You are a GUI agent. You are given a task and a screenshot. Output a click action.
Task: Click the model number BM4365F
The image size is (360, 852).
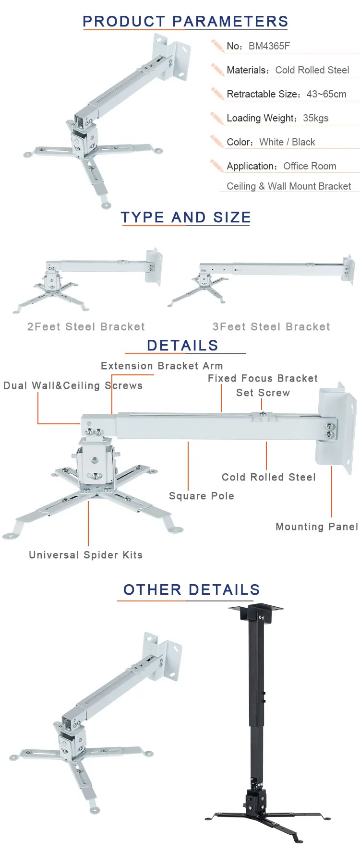tap(269, 46)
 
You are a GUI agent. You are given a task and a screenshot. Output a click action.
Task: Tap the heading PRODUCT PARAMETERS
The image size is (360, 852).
tap(185, 22)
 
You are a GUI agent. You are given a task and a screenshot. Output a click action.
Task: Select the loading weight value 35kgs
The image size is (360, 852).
tap(315, 118)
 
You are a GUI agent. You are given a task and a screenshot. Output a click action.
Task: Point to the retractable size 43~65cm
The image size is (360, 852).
tap(326, 94)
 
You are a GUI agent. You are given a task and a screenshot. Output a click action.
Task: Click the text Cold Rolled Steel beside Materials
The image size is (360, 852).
tap(312, 70)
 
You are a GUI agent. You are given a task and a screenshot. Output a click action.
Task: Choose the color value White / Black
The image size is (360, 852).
tap(287, 142)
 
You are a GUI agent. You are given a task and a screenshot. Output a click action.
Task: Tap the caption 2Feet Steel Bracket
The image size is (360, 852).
tap(86, 327)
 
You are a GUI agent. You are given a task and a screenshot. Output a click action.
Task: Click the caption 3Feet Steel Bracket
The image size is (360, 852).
tap(271, 327)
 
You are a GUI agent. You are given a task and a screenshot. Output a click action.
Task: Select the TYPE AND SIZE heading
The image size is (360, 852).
tap(186, 217)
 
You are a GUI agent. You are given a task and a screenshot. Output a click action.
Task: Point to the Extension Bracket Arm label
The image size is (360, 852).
tap(162, 366)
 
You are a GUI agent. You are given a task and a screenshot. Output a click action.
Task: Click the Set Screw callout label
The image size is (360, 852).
tap(263, 393)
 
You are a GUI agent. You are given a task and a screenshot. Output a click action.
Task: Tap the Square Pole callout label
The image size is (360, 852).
tap(202, 496)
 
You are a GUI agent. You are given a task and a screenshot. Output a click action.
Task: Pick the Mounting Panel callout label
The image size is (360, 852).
tap(317, 527)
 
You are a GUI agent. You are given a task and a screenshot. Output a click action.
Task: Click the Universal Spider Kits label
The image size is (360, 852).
tap(86, 555)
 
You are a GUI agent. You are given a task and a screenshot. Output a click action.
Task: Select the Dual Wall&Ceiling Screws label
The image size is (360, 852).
tap(73, 385)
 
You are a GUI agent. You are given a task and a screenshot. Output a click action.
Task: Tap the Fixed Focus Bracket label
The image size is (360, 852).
tap(263, 378)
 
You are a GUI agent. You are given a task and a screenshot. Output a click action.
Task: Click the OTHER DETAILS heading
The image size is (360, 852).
tap(192, 590)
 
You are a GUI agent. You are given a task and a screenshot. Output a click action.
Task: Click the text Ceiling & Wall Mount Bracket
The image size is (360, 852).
tap(288, 186)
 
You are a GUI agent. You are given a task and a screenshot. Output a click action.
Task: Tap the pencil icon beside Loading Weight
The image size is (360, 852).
tap(216, 118)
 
